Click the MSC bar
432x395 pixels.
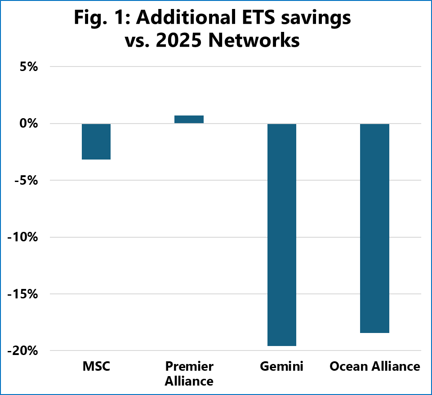[x=96, y=142]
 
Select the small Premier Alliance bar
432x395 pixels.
[x=189, y=119]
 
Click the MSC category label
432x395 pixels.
[x=96, y=367]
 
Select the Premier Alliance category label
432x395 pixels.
[x=189, y=374]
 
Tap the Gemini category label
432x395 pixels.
[x=282, y=367]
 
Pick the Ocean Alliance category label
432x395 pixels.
[x=374, y=367]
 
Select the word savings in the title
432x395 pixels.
[x=320, y=19]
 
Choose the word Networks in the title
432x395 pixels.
[x=261, y=41]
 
